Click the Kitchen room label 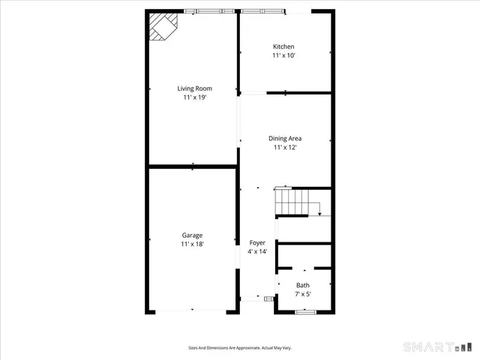(x=283, y=46)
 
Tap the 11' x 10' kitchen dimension (x=283, y=55)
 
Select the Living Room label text (x=194, y=88)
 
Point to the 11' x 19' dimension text (x=194, y=97)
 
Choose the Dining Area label (x=285, y=138)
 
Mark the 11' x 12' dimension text (x=285, y=148)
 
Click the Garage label (x=191, y=235)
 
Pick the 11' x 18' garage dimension (x=191, y=244)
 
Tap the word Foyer (x=257, y=242)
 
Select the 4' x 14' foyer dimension (x=257, y=251)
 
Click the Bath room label (x=302, y=285)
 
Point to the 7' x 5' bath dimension (x=302, y=294)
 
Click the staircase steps (x=290, y=201)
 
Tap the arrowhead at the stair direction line (x=319, y=214)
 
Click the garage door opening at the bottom (x=191, y=310)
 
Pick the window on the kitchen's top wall (x=262, y=10)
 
